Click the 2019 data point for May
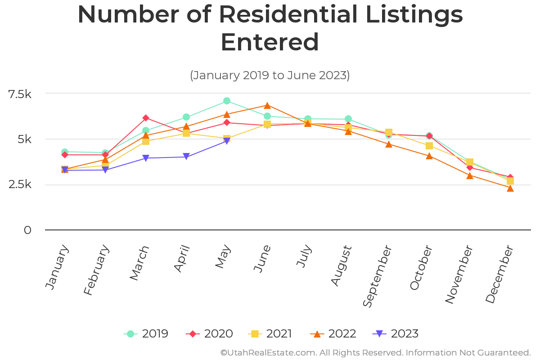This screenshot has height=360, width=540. (x=227, y=101)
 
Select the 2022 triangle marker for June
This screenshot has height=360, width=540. (x=267, y=105)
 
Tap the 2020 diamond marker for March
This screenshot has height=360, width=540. (x=146, y=118)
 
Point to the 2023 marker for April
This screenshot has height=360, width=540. (x=186, y=157)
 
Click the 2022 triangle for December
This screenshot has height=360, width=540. (x=510, y=188)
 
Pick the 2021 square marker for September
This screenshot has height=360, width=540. (x=389, y=133)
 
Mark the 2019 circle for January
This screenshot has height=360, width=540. (x=65, y=153)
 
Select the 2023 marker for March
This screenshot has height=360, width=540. (x=146, y=158)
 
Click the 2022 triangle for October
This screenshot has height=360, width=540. (x=429, y=156)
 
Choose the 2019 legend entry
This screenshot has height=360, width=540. (x=146, y=334)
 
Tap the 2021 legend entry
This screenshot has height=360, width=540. (x=270, y=334)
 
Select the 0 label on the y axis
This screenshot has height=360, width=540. (x=28, y=230)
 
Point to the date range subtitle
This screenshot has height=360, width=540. (x=270, y=75)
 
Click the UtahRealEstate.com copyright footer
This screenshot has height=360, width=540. (x=375, y=352)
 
